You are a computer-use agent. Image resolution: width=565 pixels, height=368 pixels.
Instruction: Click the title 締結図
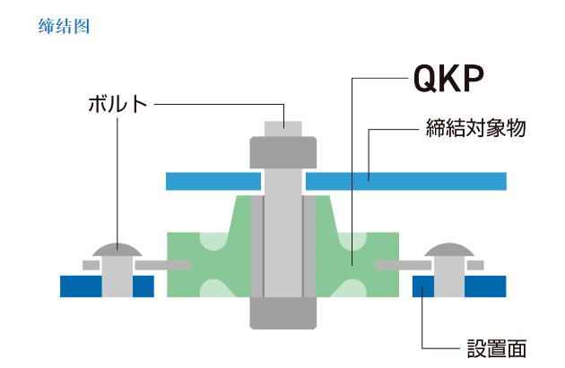pyautogui.click(x=65, y=26)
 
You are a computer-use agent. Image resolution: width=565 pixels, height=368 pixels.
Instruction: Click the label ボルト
pyautogui.click(x=117, y=103)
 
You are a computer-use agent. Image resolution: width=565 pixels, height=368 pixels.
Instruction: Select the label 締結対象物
pyautogui.click(x=474, y=128)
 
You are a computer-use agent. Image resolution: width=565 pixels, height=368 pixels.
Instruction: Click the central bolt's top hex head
pyautogui.click(x=283, y=152)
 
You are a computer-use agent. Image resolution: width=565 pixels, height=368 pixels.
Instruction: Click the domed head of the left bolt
pyautogui.click(x=117, y=247)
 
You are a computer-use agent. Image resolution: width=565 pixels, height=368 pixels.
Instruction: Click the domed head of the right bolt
pyautogui.click(x=449, y=247)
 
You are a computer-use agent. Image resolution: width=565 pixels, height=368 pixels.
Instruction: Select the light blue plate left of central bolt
pyautogui.click(x=213, y=181)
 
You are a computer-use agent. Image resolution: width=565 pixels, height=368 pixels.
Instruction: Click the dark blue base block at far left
pyautogui.click(x=81, y=286)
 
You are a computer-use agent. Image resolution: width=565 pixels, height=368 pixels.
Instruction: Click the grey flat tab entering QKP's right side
pyautogui.click(x=403, y=265)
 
